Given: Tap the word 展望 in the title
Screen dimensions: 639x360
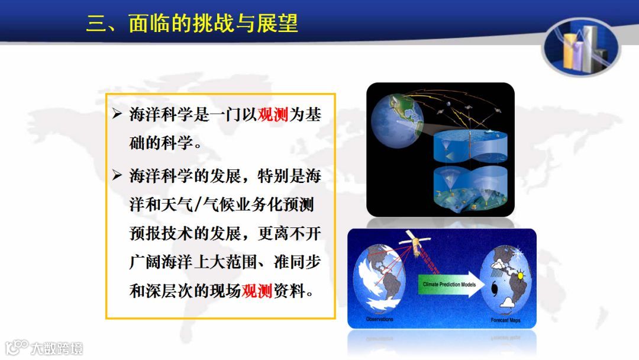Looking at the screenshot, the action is (277, 23).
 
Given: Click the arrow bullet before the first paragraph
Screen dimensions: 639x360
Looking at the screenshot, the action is (117, 114).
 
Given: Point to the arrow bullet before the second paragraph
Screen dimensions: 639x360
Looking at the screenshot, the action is (117, 175).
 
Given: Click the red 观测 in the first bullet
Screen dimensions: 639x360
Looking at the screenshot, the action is (273, 114).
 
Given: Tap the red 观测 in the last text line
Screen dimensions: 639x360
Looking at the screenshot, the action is (257, 291).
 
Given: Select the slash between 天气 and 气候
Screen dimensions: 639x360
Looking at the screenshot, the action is (198, 204).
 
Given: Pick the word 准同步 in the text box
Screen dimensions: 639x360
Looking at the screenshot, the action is (297, 262).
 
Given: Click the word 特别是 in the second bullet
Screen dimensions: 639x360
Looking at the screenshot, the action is (281, 176).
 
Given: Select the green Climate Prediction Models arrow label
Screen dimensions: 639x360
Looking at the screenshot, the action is (450, 284).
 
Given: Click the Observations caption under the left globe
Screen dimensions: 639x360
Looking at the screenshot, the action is (379, 319).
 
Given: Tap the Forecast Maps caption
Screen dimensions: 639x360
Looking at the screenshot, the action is (505, 320).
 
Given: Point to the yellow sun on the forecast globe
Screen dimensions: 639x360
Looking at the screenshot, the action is (520, 276).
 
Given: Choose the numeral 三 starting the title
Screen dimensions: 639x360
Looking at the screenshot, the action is (96, 23).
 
